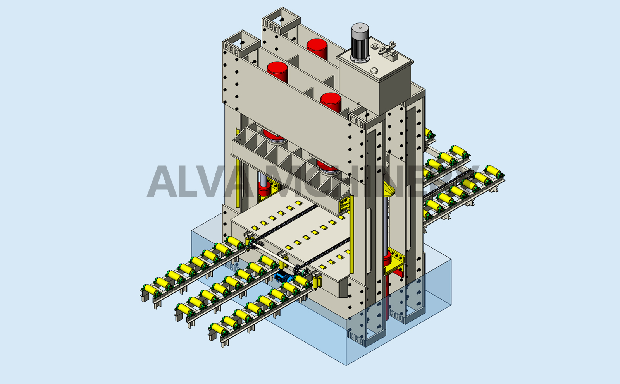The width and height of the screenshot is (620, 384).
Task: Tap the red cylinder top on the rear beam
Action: pyautogui.click(x=317, y=49)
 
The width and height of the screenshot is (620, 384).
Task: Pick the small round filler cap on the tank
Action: pyautogui.click(x=374, y=70)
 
